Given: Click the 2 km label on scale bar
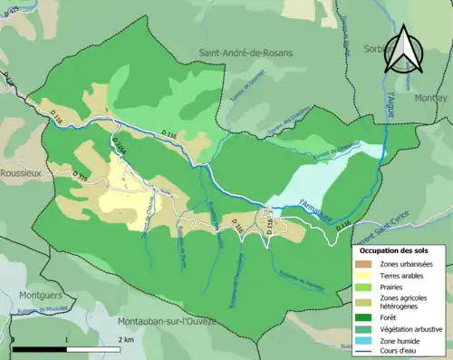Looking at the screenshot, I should (127, 339).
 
